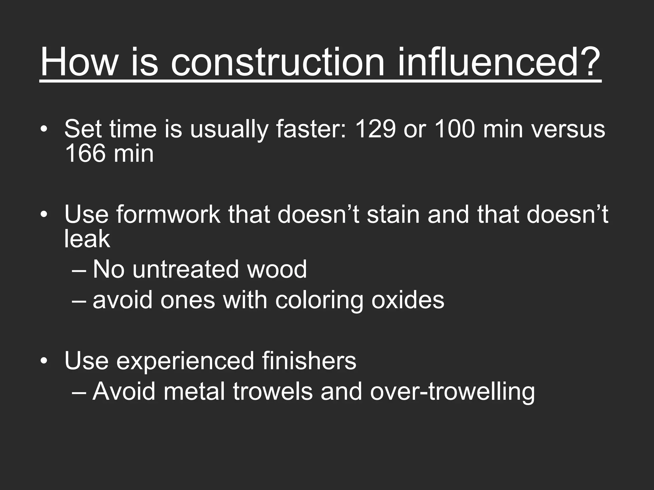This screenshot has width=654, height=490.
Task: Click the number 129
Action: pyautogui.click(x=375, y=129)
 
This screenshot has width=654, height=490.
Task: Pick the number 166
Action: pyautogui.click(x=85, y=154)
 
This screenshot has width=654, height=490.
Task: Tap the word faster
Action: pyautogui.click(x=311, y=129)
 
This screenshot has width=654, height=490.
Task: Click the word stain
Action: pyautogui.click(x=393, y=214)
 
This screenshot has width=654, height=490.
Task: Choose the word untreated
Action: pyautogui.click(x=186, y=269)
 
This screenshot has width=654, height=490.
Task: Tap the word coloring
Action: pyautogui.click(x=319, y=301)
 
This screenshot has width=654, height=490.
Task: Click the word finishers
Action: pyautogui.click(x=309, y=361)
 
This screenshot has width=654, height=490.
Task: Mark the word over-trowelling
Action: pyautogui.click(x=452, y=392)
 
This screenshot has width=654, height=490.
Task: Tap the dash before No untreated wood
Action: pyautogui.click(x=79, y=270)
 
